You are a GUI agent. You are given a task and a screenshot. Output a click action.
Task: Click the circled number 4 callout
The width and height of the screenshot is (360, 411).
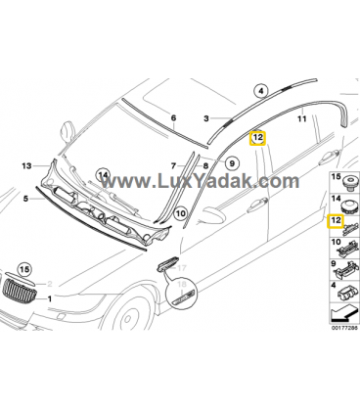point(260,91)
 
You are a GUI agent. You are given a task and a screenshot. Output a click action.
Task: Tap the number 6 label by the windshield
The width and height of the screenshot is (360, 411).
point(173,117)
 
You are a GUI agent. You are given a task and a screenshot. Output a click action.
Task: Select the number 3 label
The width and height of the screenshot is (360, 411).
point(206,118)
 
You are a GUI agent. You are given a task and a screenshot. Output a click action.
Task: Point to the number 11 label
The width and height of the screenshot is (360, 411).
point(302,118)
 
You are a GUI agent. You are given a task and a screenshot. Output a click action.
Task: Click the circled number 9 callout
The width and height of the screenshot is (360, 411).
point(232,162)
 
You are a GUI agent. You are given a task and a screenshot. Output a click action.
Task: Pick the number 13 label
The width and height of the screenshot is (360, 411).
point(26,166)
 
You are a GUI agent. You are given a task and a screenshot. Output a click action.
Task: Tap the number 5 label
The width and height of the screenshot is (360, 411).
point(25,198)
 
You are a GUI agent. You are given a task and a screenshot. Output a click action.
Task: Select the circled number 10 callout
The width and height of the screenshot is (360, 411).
point(180,214)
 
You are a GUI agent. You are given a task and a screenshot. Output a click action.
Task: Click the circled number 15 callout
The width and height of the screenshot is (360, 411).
point(24,269)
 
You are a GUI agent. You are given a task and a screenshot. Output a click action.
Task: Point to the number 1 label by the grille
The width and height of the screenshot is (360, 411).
point(50,298)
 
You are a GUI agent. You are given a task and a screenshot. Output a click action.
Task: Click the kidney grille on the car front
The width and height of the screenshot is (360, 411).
point(19,289)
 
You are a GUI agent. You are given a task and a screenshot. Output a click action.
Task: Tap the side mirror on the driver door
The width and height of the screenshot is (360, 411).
point(212,215)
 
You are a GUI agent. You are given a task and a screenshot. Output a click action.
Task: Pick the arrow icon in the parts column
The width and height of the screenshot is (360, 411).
point(343,313)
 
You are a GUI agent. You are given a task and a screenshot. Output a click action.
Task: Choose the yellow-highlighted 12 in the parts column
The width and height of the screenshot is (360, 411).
point(336,221)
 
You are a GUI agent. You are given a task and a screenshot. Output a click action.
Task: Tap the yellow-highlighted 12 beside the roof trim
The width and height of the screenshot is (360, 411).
point(257,138)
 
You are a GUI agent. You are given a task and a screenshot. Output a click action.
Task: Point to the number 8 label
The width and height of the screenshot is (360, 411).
point(205,166)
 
